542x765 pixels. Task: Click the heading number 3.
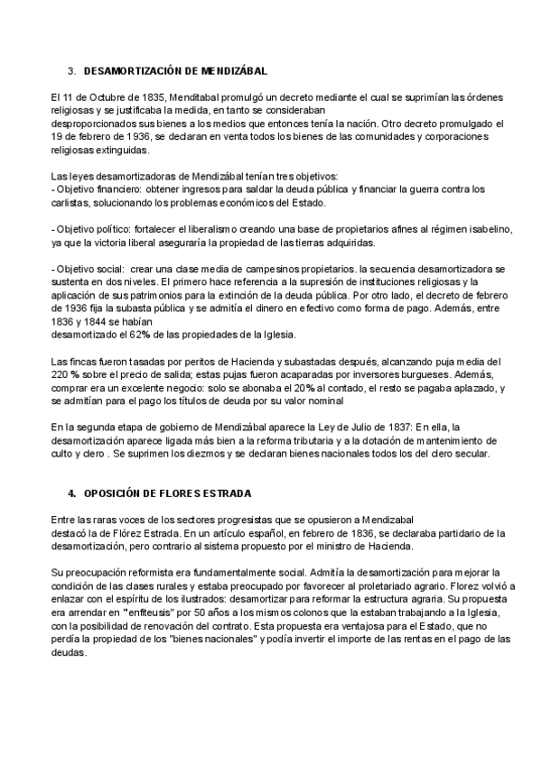(x=70, y=70)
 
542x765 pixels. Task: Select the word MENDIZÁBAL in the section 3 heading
(x=230, y=70)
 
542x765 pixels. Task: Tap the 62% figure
(x=141, y=336)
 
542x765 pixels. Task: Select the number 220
(x=61, y=376)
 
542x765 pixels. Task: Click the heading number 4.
(x=71, y=494)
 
